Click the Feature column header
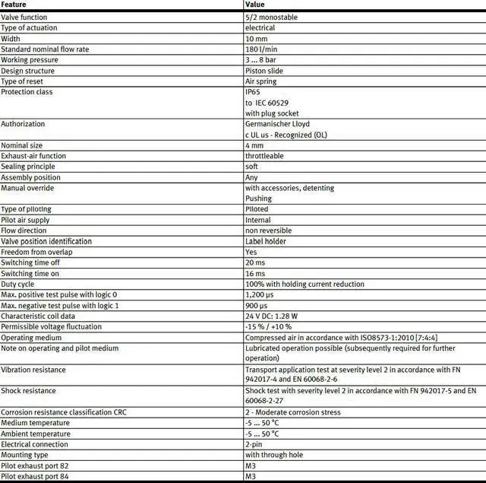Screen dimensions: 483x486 (x=14, y=5)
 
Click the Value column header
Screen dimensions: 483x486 (x=255, y=5)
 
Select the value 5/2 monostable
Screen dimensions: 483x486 (x=272, y=17)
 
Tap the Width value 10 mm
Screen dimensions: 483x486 (x=256, y=38)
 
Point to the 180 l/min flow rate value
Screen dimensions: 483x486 (x=260, y=49)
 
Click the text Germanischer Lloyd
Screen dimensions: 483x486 (x=278, y=123)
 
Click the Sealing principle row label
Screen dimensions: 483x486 (x=28, y=166)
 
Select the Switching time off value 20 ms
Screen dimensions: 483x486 (x=255, y=262)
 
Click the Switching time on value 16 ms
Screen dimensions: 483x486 (x=255, y=273)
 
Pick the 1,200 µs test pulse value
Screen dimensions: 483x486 (x=260, y=294)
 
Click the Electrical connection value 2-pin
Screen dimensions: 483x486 (x=254, y=444)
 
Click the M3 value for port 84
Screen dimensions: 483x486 (x=251, y=476)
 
